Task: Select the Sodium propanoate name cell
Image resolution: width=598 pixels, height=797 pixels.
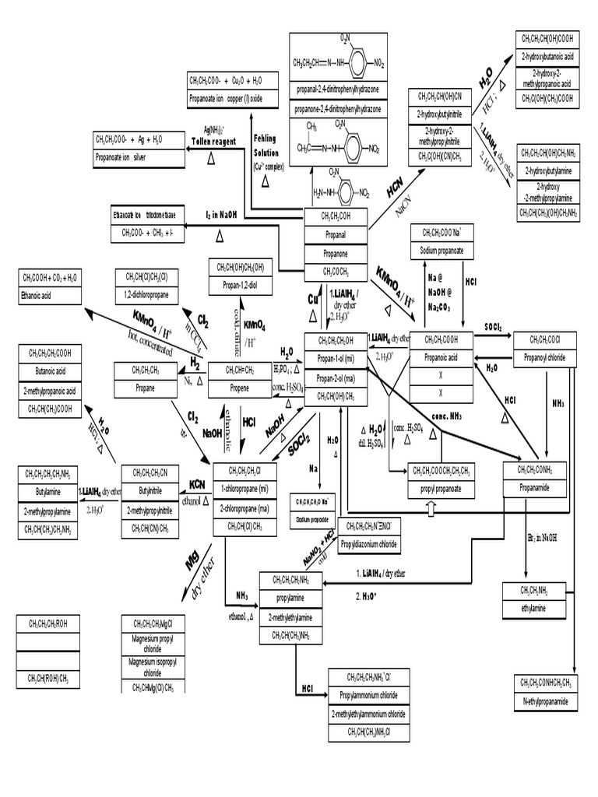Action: [443, 251]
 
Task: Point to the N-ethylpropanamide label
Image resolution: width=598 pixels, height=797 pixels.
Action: [545, 702]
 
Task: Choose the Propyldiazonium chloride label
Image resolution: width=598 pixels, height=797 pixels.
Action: [368, 544]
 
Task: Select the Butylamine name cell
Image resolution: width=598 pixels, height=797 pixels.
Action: [48, 492]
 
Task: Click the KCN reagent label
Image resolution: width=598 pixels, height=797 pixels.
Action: [197, 485]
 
